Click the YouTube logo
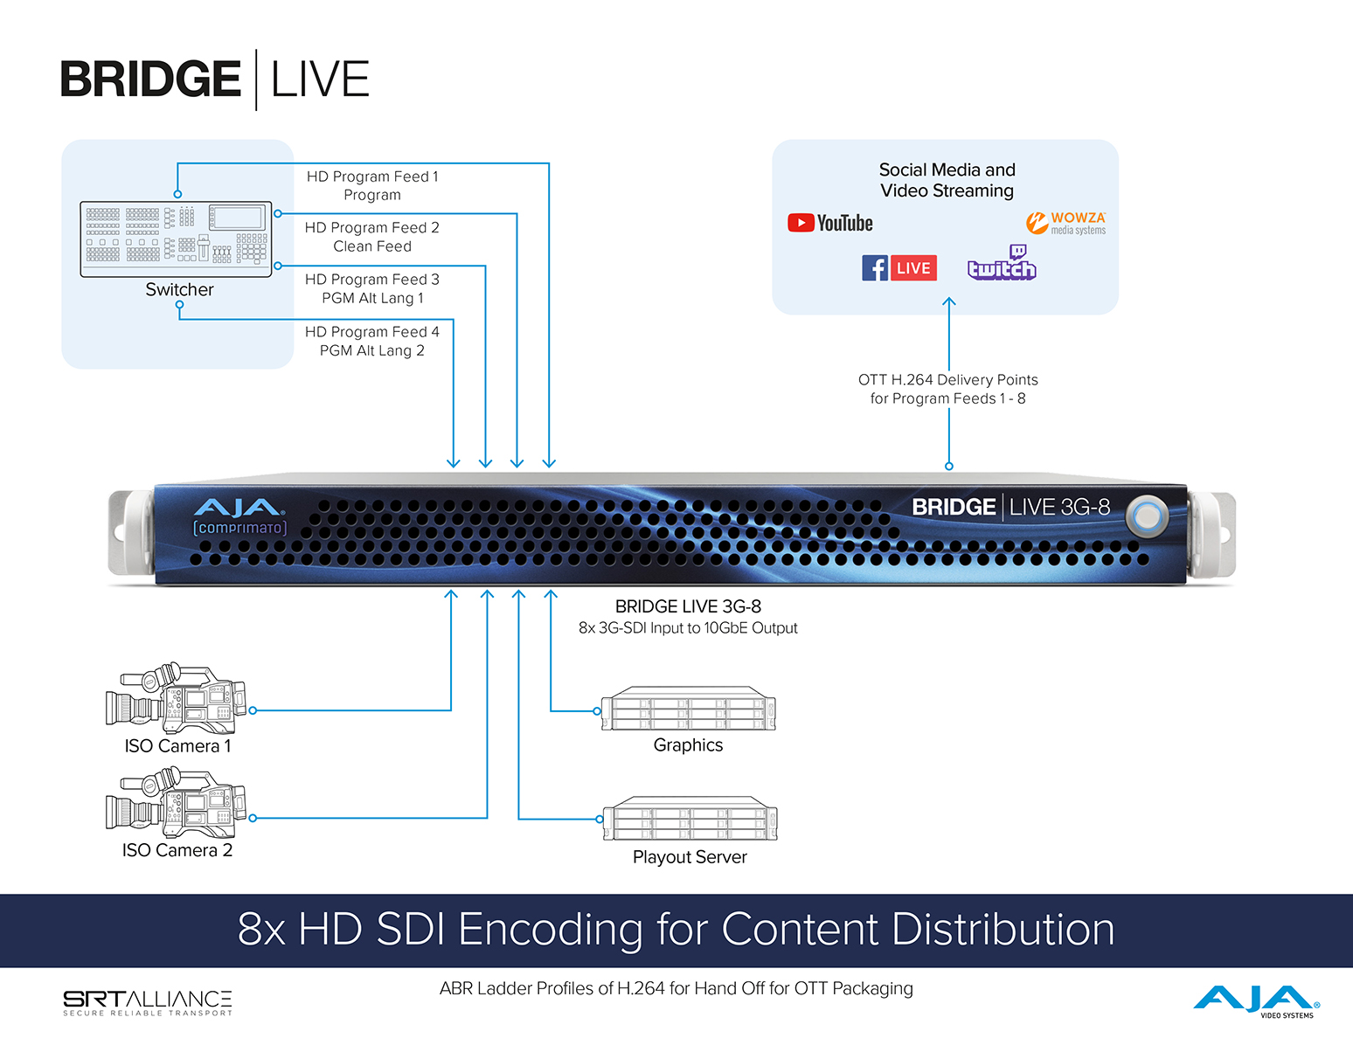(829, 223)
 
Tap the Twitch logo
(1002, 263)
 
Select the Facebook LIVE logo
(899, 268)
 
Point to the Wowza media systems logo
(1065, 223)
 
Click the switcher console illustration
(176, 239)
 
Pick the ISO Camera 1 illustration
(176, 698)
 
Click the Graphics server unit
(688, 709)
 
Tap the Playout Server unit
(690, 819)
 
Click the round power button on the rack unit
(1147, 516)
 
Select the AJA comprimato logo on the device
(239, 516)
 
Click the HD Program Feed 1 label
(372, 176)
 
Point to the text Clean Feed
(372, 246)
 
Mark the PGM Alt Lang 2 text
(372, 350)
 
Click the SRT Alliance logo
(148, 1002)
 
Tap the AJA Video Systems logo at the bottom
(1256, 1000)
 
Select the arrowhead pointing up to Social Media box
(949, 302)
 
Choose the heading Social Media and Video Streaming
(947, 180)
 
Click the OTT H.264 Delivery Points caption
(948, 389)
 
